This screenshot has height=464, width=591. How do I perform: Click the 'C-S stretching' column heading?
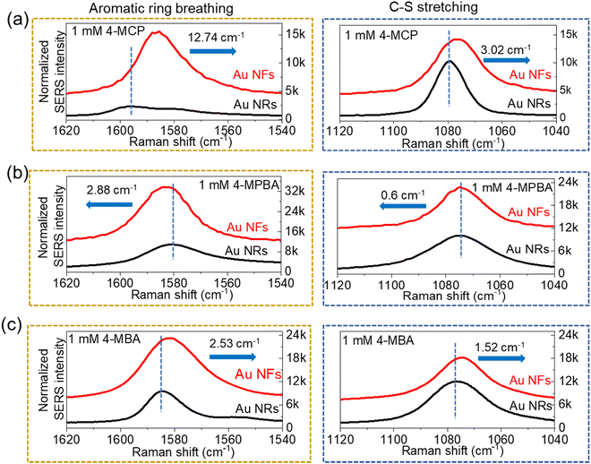tap(448, 9)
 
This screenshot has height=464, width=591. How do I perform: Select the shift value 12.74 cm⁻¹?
tap(220, 38)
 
